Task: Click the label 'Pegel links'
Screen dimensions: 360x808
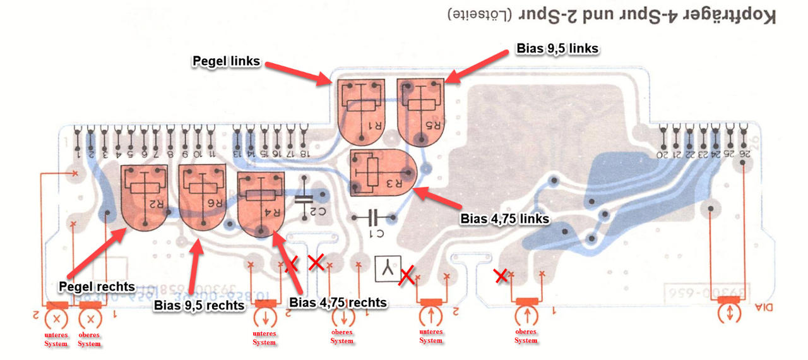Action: pos(226,62)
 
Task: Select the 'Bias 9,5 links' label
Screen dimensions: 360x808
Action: pos(557,48)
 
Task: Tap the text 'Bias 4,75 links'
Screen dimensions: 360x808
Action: pos(504,219)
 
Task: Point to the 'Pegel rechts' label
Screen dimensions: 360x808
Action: pos(97,287)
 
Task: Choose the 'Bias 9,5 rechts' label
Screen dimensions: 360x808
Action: pos(199,306)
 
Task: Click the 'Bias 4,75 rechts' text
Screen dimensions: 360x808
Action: pos(338,303)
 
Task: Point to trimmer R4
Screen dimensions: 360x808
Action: pos(261,203)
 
